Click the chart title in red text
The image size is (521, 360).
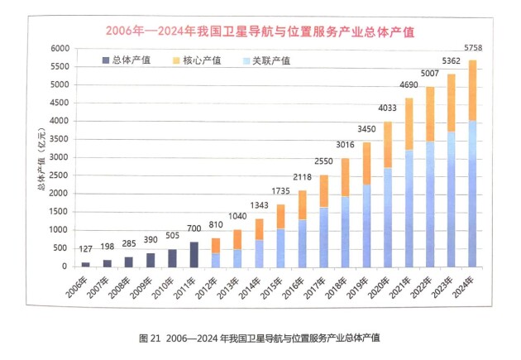(x=260, y=31)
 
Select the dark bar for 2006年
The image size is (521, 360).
(x=85, y=264)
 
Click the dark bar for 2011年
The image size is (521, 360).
(x=194, y=254)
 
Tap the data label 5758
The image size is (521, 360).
(x=473, y=49)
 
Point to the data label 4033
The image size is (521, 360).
(x=386, y=108)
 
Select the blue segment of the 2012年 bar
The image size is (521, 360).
(x=215, y=259)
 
